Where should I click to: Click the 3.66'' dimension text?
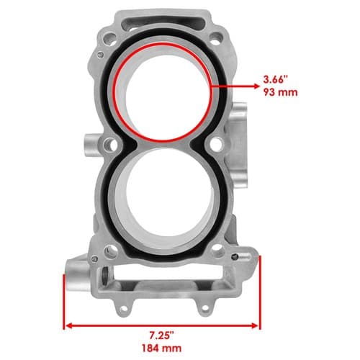275,79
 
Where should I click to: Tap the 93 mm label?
280,92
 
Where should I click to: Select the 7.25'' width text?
161,336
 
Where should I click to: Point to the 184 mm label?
161,348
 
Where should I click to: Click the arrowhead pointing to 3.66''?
256,86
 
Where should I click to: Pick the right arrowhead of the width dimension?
255,325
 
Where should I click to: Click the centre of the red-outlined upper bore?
163,91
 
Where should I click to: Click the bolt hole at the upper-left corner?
109,38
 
